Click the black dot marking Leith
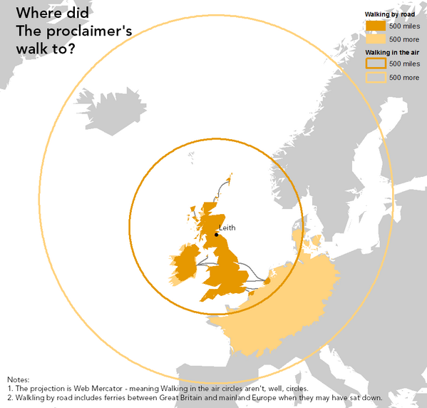coord(216,234)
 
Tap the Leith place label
coord(227,228)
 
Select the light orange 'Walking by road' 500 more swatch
coord(375,39)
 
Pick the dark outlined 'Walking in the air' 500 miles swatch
coord(375,64)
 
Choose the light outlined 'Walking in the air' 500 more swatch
coord(375,77)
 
